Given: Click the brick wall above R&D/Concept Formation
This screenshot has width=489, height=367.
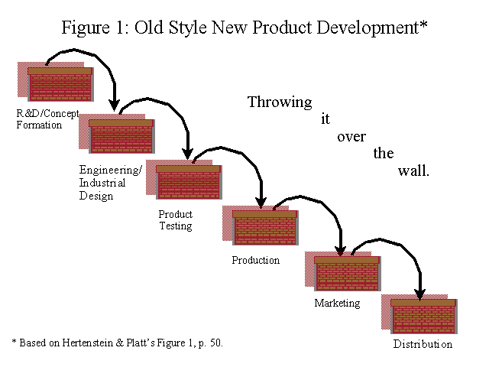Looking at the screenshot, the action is [60, 84].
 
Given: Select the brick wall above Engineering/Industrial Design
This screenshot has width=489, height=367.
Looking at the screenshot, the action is [121, 136].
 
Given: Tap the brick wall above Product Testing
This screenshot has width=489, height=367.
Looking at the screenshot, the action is [189, 182].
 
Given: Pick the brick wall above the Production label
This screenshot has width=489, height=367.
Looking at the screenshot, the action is [265, 228].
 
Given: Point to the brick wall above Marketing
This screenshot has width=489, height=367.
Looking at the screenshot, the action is [348, 274].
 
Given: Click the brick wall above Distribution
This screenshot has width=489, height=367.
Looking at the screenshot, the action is [424, 317].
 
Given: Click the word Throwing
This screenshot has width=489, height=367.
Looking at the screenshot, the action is [280, 102].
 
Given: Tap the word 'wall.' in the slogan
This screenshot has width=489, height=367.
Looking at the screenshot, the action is [413, 171].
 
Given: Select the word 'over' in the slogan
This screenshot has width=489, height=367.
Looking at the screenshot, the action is [351, 137].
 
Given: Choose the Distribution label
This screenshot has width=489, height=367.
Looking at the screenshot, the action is [423, 344].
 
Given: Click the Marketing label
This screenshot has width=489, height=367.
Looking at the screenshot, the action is [337, 303].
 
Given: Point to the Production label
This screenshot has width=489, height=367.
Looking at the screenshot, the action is [256, 260].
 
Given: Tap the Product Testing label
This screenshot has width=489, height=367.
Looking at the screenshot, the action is [176, 220].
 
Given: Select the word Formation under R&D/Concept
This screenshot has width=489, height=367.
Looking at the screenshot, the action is [39, 125].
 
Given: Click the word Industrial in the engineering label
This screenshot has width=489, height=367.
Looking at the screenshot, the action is [102, 183].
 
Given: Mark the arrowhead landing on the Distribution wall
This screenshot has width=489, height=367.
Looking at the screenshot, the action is [419, 294].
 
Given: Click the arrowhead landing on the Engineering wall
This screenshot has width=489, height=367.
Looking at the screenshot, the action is [114, 106].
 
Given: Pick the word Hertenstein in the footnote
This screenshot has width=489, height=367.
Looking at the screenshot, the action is [88, 343].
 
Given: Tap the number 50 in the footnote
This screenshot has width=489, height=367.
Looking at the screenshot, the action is [215, 343].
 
